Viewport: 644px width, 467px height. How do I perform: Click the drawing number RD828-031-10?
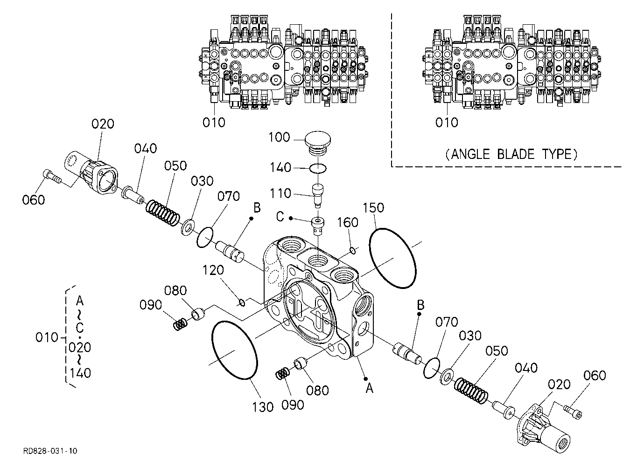[x=50, y=451]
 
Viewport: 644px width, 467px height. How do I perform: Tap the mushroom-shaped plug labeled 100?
[x=317, y=144]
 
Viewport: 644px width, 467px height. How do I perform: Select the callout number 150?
[x=373, y=208]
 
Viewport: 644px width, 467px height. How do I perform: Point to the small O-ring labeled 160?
[x=353, y=251]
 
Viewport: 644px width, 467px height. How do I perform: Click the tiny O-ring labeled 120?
[x=242, y=302]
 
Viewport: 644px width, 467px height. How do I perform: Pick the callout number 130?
[x=263, y=407]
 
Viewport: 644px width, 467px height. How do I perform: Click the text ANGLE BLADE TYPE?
[x=511, y=154]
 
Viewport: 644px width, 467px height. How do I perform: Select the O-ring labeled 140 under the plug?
[x=318, y=169]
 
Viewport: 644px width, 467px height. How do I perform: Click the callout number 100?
[x=279, y=137]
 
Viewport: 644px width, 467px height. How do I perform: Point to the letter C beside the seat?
[x=280, y=217]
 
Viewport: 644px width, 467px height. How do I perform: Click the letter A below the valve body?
[x=369, y=389]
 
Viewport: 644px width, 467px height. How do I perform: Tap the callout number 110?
[x=280, y=193]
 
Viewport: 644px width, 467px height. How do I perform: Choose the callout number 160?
[x=348, y=222]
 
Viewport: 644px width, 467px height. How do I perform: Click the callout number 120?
[x=213, y=270]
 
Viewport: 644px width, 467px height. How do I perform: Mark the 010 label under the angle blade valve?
[x=447, y=123]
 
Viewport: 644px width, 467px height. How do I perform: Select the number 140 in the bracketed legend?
[x=80, y=373]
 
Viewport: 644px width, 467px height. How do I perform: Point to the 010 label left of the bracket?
[x=47, y=337]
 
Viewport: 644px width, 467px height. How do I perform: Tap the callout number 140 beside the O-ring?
[x=280, y=167]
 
